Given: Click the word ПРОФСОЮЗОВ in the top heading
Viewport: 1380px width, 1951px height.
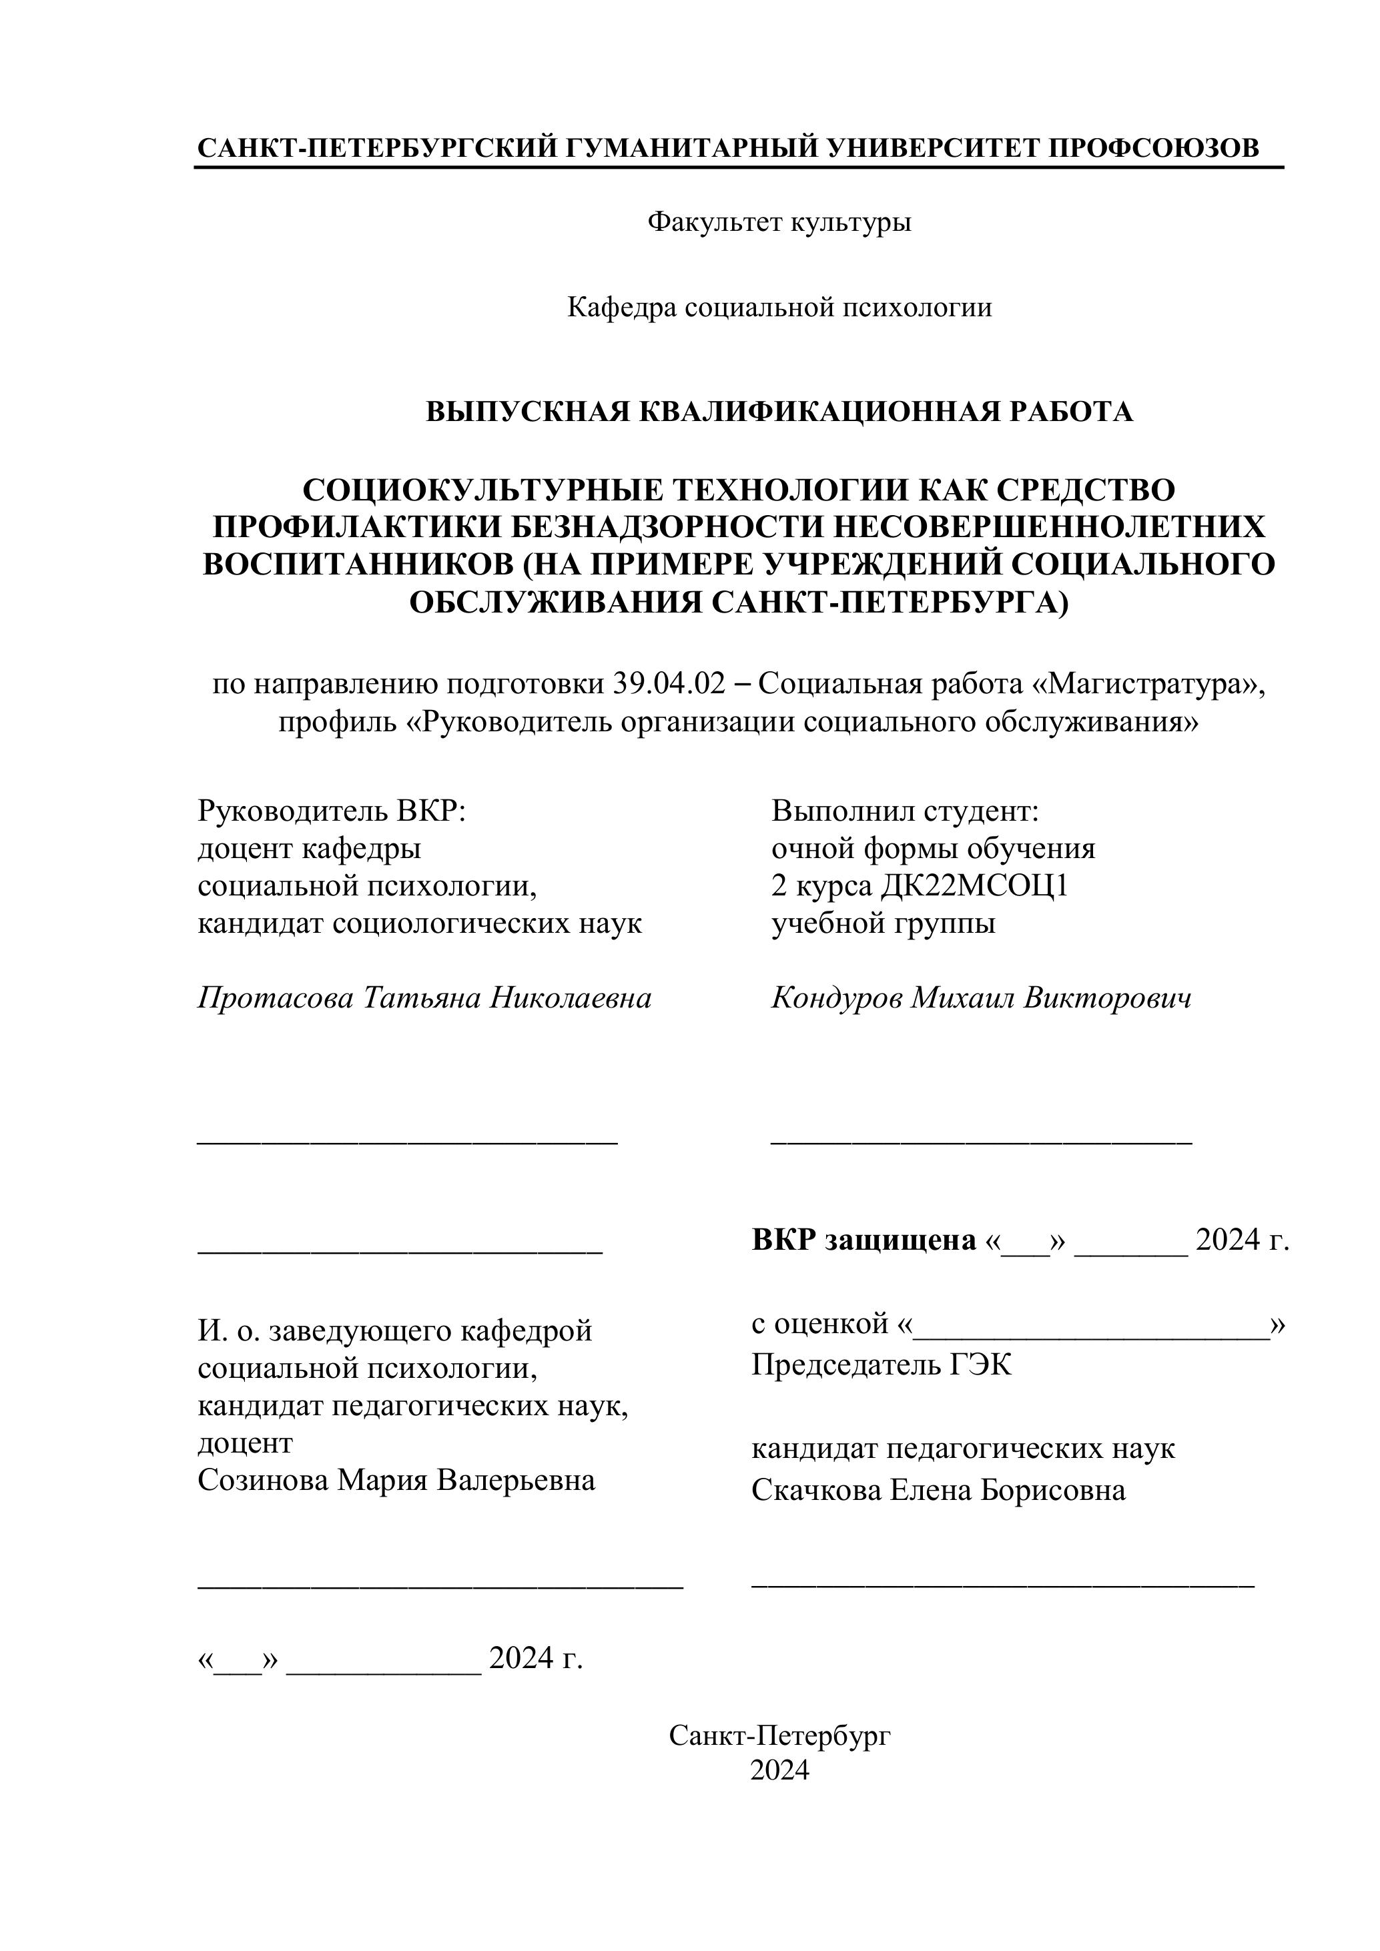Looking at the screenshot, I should pyautogui.click(x=1153, y=148).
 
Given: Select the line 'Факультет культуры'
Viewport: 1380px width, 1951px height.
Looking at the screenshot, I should pyautogui.click(x=779, y=223).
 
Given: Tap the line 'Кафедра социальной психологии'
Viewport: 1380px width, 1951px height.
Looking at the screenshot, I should pyautogui.click(x=779, y=307).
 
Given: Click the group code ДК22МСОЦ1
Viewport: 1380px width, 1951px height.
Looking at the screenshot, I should pyautogui.click(x=973, y=885).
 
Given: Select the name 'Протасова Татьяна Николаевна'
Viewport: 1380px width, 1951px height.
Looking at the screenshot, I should pyautogui.click(x=424, y=998).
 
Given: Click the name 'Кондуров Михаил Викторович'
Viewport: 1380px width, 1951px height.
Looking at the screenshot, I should pyautogui.click(x=981, y=998).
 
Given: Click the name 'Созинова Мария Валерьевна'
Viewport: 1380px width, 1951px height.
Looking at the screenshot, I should pyautogui.click(x=396, y=1479).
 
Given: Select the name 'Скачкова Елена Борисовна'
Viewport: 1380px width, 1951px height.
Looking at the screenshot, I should pyautogui.click(x=938, y=1489).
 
